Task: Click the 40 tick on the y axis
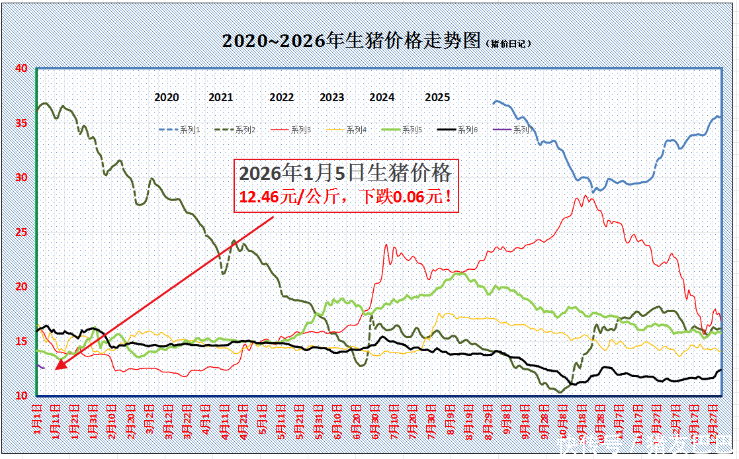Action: coord(21,68)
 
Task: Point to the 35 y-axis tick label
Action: coord(21,123)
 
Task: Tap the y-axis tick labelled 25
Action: coord(21,232)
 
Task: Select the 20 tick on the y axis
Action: coord(21,286)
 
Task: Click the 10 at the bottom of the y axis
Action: coord(21,396)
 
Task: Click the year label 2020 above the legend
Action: coord(167,98)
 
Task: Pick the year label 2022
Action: coord(282,98)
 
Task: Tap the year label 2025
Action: coord(437,98)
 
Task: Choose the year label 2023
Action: coord(332,98)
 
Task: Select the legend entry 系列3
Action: coord(301,130)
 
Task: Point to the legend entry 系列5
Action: coord(412,130)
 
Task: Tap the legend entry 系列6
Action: coord(467,130)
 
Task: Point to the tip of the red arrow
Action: coord(56,370)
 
